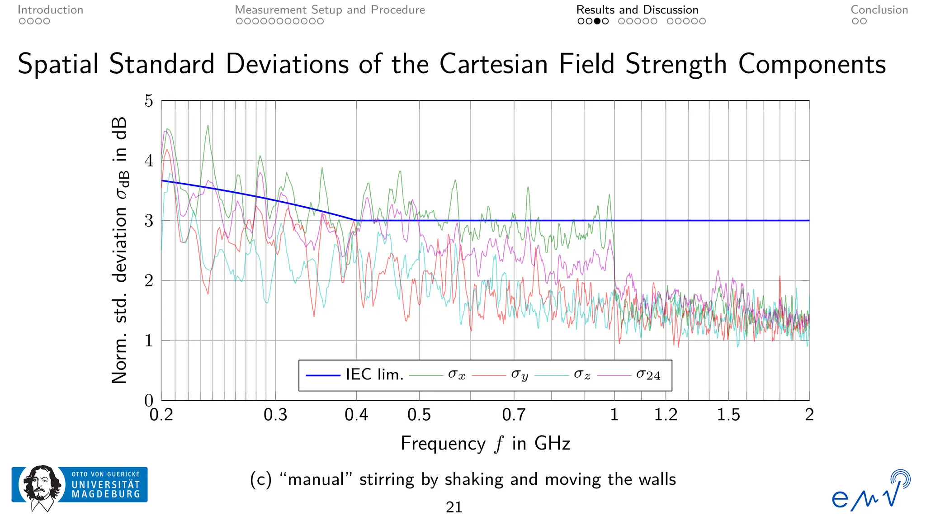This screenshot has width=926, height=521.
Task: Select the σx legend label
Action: (457, 374)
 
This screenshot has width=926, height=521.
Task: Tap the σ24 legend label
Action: (648, 374)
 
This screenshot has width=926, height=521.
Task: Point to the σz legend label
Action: (582, 374)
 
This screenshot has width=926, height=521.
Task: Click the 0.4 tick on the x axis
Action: (356, 415)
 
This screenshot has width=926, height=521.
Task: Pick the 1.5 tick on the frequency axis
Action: (728, 415)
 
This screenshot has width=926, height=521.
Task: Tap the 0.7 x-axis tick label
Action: (514, 415)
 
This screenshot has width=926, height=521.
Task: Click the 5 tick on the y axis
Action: (149, 101)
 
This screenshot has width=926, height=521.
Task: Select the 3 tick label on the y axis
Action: (149, 221)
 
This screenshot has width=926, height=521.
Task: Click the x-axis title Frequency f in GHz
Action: (485, 443)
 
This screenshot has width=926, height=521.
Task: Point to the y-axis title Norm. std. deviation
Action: (119, 251)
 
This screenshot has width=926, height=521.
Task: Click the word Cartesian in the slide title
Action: (494, 64)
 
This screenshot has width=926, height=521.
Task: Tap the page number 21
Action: (454, 507)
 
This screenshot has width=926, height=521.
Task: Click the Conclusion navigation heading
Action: (879, 10)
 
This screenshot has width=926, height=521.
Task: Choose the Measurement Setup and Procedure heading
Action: (330, 10)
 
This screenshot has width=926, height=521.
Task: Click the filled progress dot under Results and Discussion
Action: (597, 21)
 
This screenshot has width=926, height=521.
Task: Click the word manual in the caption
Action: (316, 479)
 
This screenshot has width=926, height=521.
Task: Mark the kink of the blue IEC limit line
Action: (356, 221)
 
